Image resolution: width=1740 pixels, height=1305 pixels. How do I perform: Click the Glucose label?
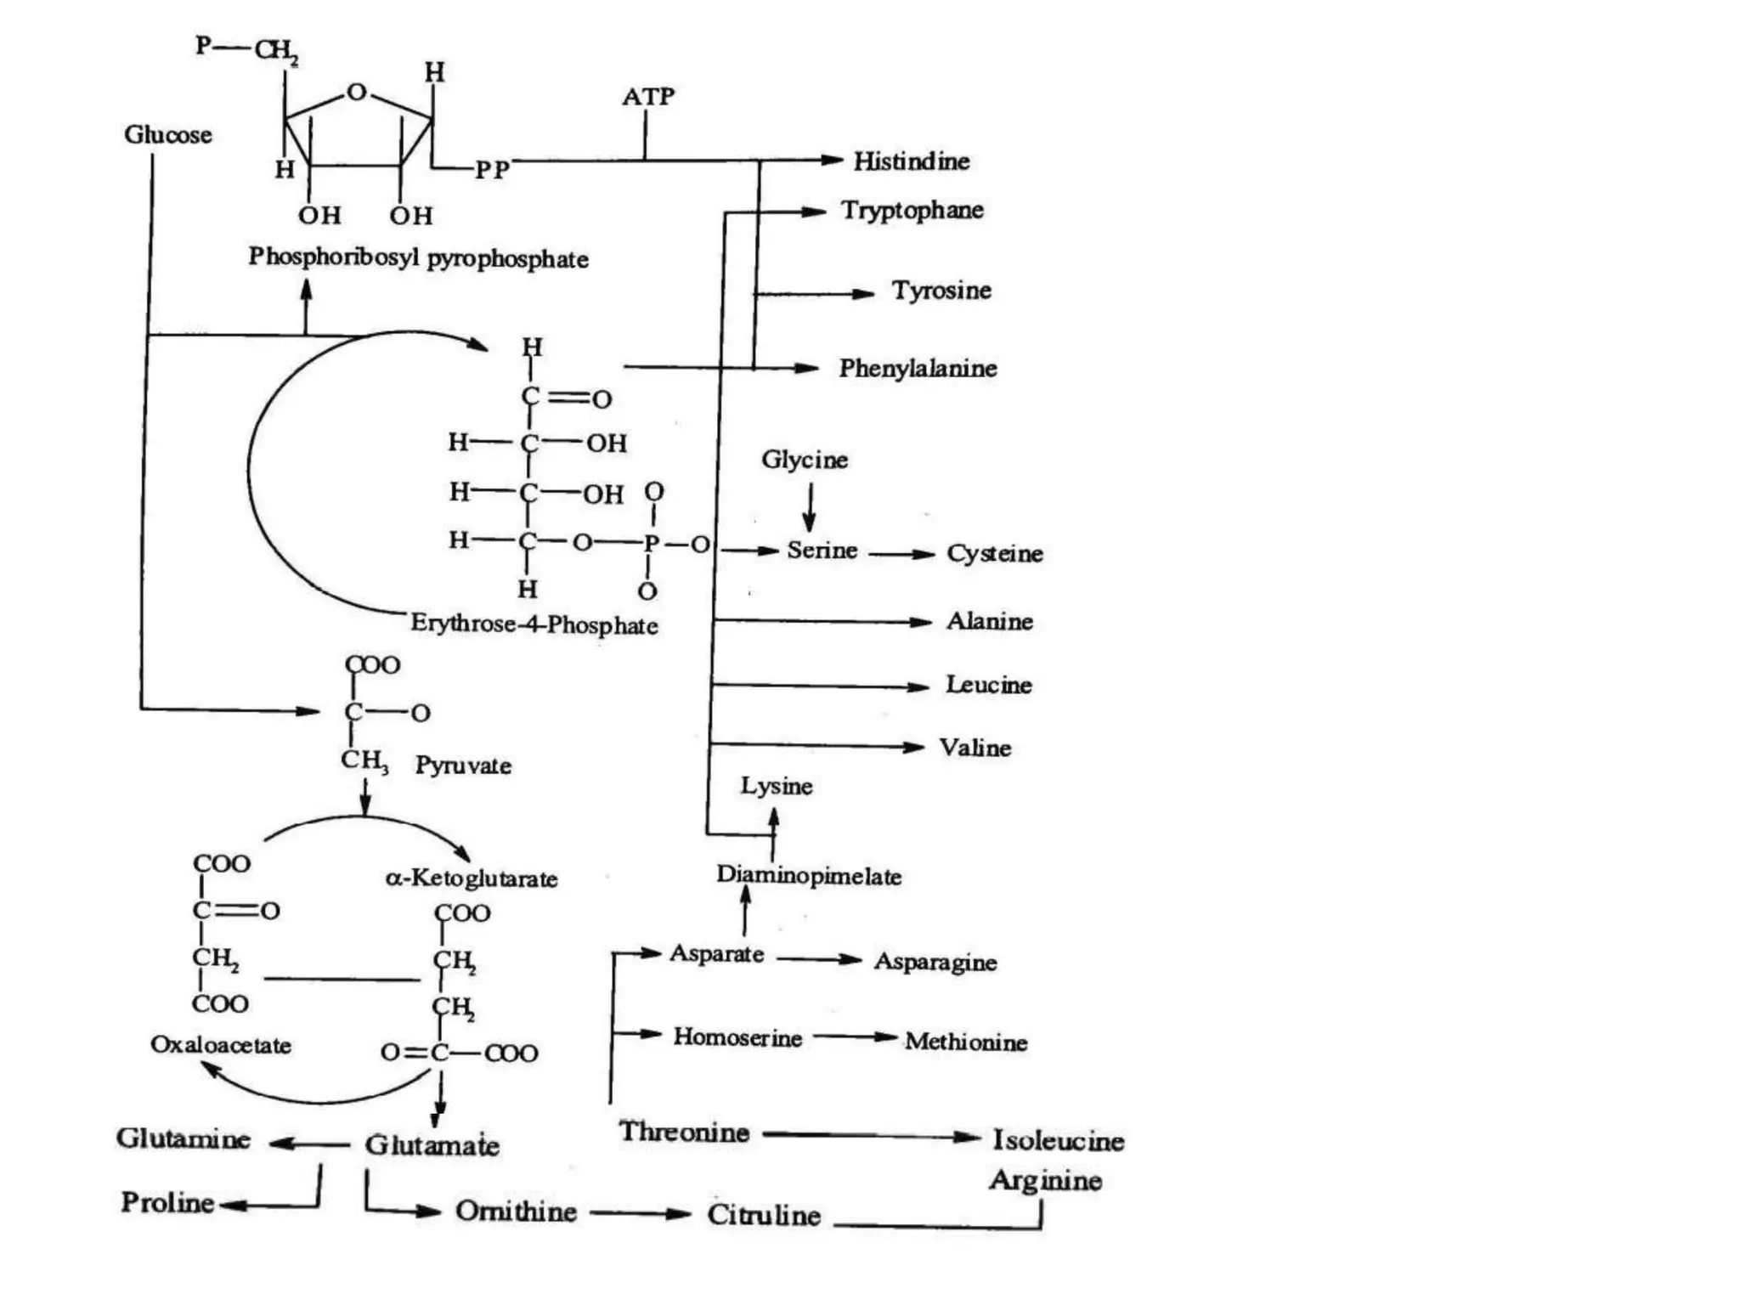point(167,134)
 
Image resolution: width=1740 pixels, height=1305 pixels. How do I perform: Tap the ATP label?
point(647,97)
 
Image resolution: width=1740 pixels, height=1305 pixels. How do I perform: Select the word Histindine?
point(911,161)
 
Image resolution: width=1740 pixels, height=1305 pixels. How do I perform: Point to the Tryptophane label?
point(912,210)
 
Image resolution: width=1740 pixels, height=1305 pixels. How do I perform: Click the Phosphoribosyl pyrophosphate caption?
point(418,257)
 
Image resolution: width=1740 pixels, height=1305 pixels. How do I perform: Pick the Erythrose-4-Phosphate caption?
point(534,624)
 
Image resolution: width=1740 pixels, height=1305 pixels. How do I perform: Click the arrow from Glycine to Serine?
point(809,507)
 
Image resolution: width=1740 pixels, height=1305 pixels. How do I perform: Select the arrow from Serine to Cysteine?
point(901,554)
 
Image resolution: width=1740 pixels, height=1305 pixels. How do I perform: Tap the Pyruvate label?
point(463,765)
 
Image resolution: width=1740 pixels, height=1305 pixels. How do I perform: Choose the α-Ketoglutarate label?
point(472,878)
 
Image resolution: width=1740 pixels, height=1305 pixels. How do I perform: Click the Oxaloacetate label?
point(220,1044)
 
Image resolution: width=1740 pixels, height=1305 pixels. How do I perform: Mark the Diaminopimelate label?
point(808,875)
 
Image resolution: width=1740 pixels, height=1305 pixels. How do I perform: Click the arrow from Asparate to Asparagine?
point(818,959)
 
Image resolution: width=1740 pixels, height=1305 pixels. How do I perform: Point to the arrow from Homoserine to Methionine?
point(854,1037)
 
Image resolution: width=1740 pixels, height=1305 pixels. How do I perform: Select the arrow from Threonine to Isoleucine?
point(871,1136)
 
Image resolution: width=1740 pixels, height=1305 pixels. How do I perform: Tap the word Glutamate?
point(432,1144)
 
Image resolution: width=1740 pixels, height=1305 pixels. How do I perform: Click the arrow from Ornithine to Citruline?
point(640,1213)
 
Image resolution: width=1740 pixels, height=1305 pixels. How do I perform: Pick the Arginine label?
point(1045,1180)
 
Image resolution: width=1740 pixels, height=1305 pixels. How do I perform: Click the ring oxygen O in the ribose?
point(357,92)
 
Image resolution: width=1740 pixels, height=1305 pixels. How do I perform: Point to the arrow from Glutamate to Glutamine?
point(308,1144)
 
